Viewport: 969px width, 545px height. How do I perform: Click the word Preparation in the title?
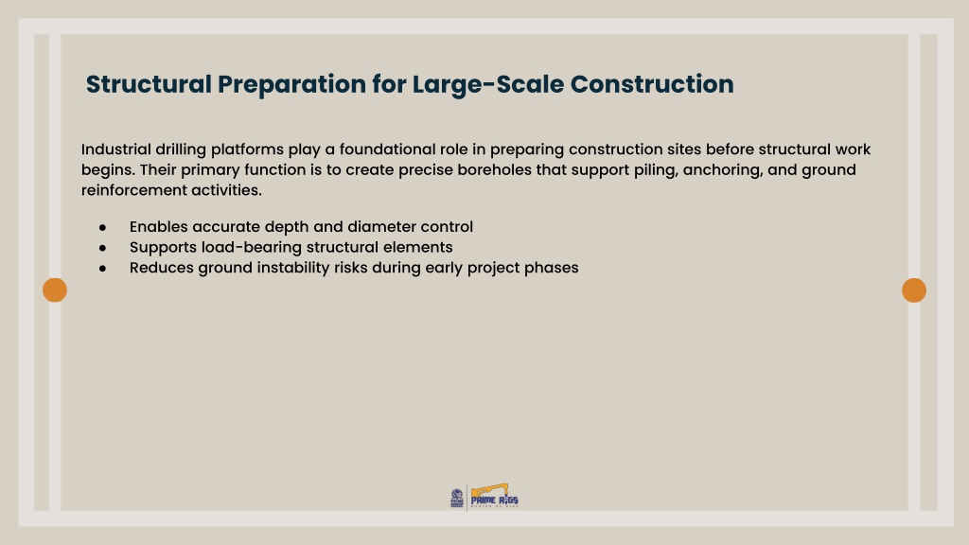click(x=291, y=84)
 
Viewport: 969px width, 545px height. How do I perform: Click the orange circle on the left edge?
click(x=55, y=290)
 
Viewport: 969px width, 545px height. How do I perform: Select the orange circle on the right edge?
click(x=914, y=290)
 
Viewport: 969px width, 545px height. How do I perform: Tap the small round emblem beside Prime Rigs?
click(x=457, y=498)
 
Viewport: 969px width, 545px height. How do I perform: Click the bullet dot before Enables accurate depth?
click(x=102, y=227)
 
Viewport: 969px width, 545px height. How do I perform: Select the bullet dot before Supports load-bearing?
click(x=102, y=248)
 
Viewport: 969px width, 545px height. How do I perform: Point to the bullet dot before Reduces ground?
click(x=102, y=268)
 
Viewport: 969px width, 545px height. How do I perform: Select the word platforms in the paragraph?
click(x=247, y=150)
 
